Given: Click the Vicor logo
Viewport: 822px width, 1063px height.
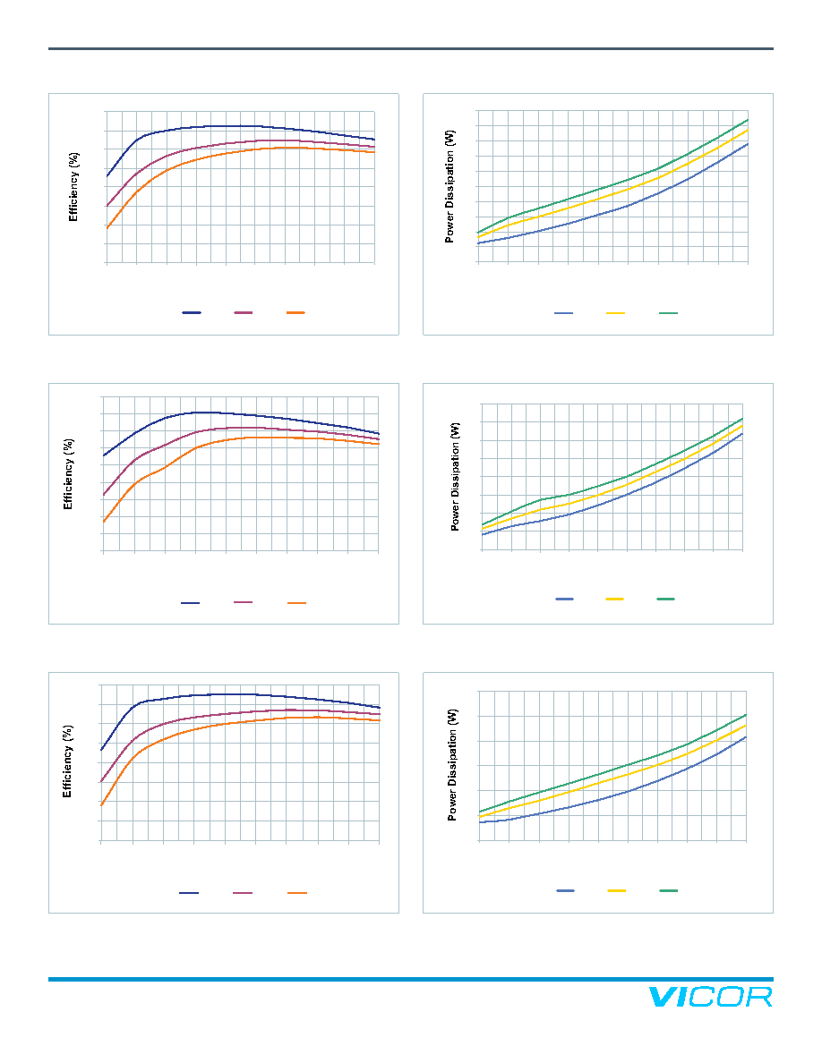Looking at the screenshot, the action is pyautogui.click(x=710, y=997).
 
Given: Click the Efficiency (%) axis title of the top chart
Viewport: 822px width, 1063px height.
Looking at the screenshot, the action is pyautogui.click(x=73, y=187).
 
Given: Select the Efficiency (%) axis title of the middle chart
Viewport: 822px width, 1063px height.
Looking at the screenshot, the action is pyautogui.click(x=68, y=474).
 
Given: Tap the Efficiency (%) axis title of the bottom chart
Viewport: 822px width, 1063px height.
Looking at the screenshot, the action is pyautogui.click(x=67, y=761).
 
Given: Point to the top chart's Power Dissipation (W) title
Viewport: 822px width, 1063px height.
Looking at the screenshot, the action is pyautogui.click(x=450, y=186).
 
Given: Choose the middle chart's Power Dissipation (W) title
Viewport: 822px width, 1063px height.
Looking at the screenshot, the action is pyautogui.click(x=455, y=477).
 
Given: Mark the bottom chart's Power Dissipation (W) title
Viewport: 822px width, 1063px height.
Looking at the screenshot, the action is pyautogui.click(x=452, y=765).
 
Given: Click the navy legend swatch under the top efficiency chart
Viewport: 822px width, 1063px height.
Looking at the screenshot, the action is pyautogui.click(x=192, y=312).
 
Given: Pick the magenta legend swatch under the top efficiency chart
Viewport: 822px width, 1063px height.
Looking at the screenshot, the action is pyautogui.click(x=244, y=312).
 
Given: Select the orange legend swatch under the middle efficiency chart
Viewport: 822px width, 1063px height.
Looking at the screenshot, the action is pyautogui.click(x=296, y=603).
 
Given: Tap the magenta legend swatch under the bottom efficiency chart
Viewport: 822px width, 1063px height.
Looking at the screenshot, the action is pyautogui.click(x=243, y=893).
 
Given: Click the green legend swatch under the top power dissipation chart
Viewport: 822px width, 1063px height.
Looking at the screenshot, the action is pyautogui.click(x=669, y=313).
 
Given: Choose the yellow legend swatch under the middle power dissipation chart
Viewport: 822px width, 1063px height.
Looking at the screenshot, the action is pyautogui.click(x=615, y=599).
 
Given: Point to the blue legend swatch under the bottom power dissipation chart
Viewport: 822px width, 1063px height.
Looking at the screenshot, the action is pyautogui.click(x=566, y=890).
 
